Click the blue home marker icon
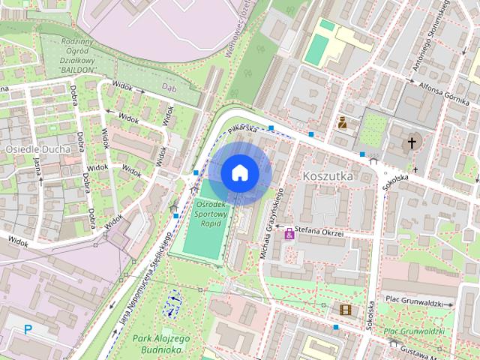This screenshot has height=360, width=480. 239,173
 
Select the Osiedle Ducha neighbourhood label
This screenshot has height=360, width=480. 37,148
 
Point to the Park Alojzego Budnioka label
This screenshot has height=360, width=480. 163,343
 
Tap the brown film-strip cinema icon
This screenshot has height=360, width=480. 344,309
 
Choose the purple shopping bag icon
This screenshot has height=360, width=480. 289,235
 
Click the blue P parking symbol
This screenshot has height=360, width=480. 28,328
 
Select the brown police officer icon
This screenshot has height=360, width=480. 342,122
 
